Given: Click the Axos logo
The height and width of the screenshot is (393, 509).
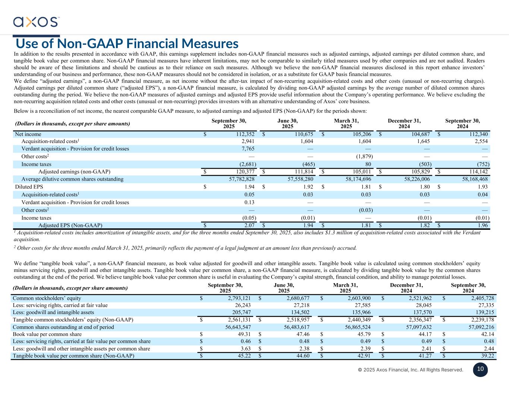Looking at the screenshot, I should coord(36,22).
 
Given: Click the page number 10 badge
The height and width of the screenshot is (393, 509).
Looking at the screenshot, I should coord(480,369).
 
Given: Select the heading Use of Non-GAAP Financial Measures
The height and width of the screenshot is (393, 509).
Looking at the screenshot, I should coord(127,44).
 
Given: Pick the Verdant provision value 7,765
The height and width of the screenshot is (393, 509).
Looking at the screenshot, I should coord(248,149).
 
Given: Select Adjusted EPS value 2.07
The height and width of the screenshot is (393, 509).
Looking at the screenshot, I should coord(249,225).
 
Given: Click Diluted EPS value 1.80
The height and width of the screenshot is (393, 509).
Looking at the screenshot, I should coord(425,187).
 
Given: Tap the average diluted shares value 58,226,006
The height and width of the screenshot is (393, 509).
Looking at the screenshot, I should coord(415,179).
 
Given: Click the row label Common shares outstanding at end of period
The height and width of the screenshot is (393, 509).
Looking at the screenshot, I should coord(63,327).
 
